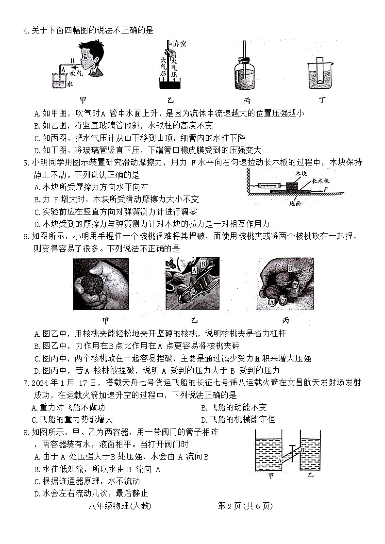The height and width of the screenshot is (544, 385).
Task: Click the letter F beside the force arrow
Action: click(326, 188)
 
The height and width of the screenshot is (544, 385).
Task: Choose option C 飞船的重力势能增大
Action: click(72, 419)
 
